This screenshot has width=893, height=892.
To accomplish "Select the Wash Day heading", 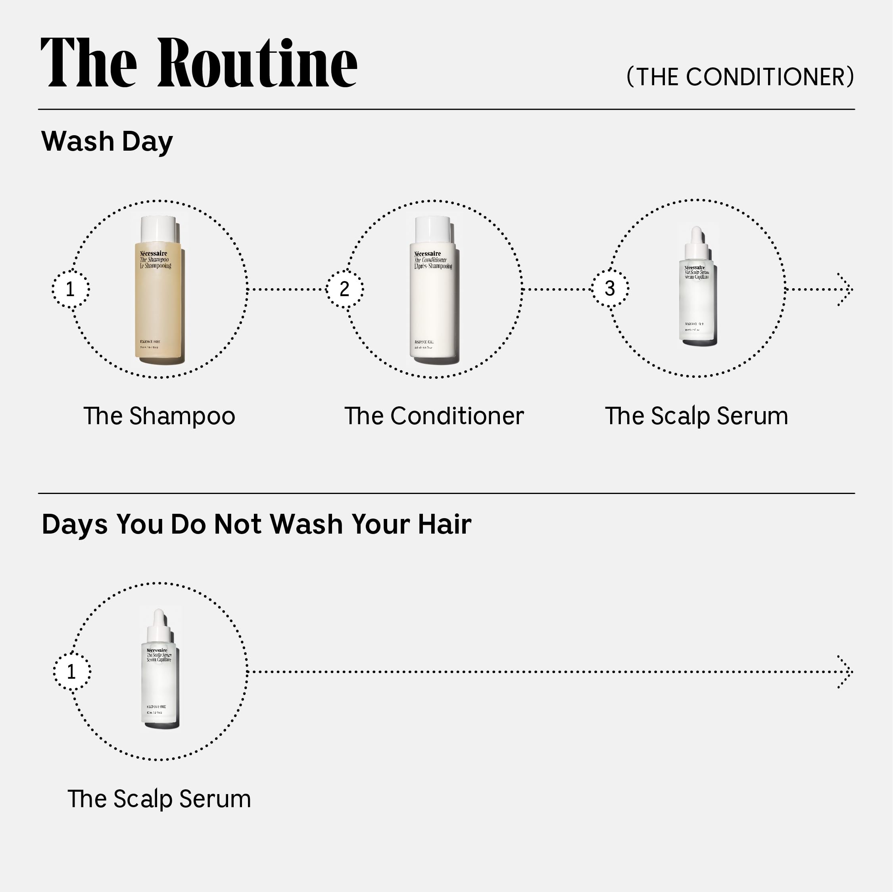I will [107, 142].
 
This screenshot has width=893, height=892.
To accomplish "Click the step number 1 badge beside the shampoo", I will [70, 289].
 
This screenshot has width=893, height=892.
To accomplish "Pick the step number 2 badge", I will [344, 289].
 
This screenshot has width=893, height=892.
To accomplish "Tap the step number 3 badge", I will [610, 289].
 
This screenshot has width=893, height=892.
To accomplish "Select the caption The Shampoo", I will [159, 416].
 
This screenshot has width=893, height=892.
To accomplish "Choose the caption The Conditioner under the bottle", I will [434, 416].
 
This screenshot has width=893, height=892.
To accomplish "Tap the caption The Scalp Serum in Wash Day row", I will [696, 416].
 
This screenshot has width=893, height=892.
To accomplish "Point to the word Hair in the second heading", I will [445, 524].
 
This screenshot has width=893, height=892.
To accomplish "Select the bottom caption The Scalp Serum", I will [159, 799].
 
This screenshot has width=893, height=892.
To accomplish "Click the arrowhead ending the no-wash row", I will [846, 672].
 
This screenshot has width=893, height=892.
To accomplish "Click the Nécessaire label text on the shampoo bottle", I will [154, 254].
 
